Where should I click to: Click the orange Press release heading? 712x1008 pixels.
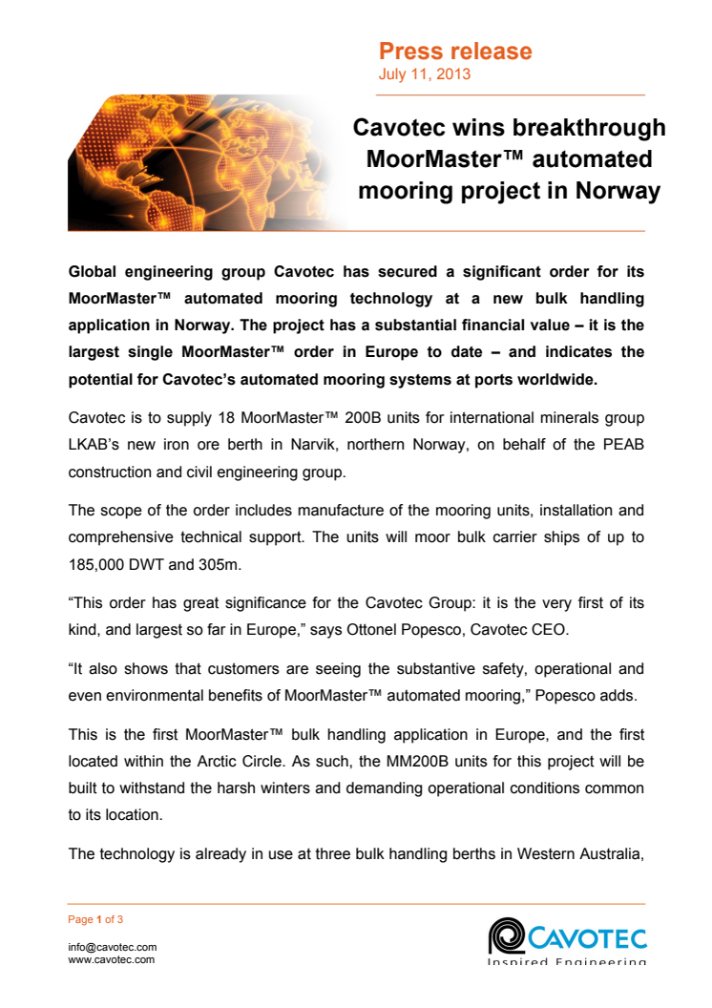pyautogui.click(x=455, y=52)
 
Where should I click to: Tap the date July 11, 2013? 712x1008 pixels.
pyautogui.click(x=424, y=74)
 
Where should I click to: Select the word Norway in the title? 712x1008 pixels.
pyautogui.click(x=618, y=191)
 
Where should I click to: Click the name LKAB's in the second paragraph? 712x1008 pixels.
pyautogui.click(x=95, y=445)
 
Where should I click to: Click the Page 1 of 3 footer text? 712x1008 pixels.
pyautogui.click(x=95, y=920)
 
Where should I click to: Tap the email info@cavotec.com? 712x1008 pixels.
pyautogui.click(x=112, y=947)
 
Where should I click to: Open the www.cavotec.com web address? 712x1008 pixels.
pyautogui.click(x=112, y=959)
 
